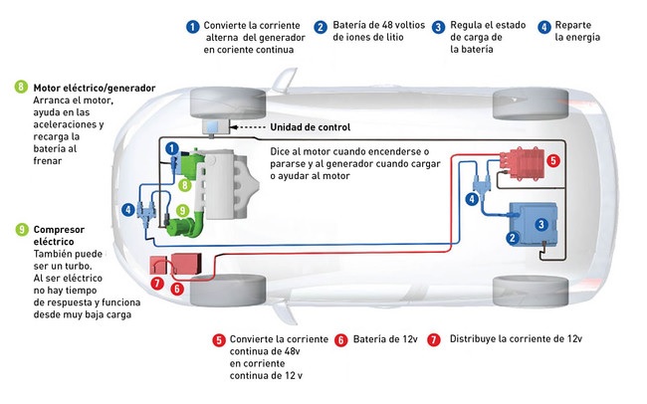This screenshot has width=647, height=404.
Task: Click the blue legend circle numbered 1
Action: coord(191,26)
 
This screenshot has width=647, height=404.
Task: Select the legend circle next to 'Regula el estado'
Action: coord(438,26)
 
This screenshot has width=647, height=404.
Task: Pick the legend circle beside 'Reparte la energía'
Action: coord(544,26)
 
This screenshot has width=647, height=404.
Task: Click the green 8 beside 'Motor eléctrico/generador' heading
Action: coord(21,88)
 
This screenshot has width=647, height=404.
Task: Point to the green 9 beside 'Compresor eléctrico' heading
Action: coord(21,229)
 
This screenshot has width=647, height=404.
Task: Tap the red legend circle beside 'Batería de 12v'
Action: coord(341,338)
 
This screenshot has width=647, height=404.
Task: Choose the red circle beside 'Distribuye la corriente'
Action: coord(433,338)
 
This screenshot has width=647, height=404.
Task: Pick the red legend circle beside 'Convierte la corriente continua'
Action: coord(219,338)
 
